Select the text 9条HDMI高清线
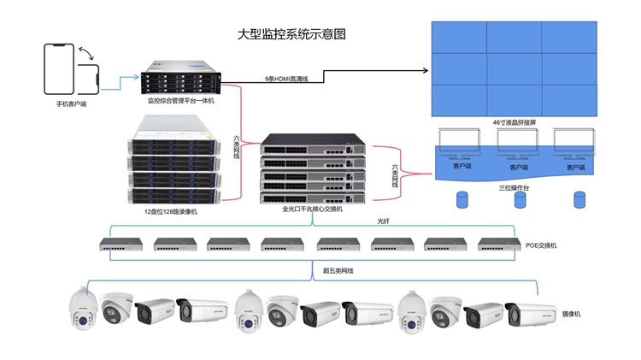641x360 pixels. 287,79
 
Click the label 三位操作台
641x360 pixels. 513,186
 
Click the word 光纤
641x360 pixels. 383,221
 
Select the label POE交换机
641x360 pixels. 540,245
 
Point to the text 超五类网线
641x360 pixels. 338,271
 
